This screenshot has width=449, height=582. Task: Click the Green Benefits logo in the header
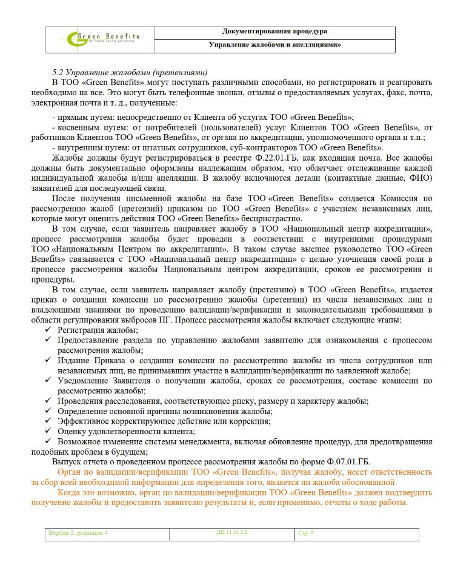104,39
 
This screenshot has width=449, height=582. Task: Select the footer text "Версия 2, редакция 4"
78,533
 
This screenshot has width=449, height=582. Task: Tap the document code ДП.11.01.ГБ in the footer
232,533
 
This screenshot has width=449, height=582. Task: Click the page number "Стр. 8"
306,533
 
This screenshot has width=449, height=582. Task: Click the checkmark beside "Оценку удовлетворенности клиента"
48,431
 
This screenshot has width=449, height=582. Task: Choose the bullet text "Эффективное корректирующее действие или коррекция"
164,421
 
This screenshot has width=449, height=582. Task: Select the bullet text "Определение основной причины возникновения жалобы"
164,411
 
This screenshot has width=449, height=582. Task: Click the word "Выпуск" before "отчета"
65,461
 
